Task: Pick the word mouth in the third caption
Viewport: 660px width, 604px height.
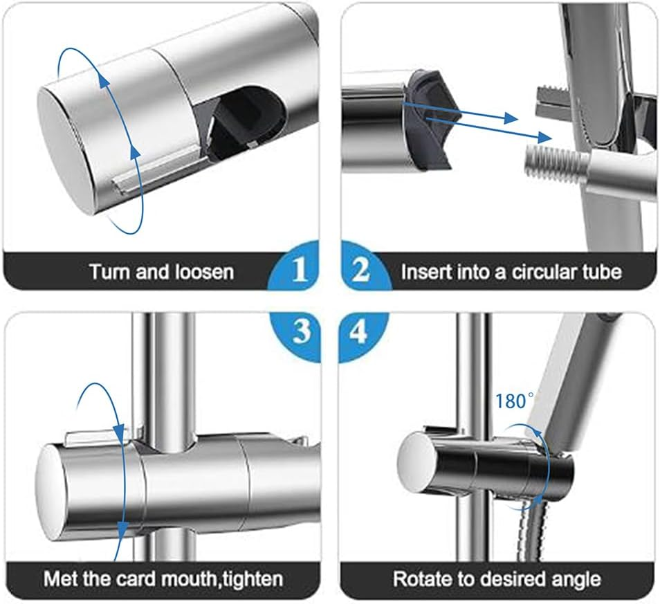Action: point(189,579)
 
